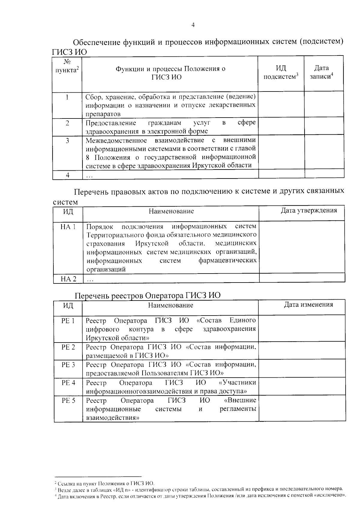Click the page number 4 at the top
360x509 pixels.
[x=193, y=25]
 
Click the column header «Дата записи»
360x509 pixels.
[x=322, y=72]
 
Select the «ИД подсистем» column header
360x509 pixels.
[x=280, y=72]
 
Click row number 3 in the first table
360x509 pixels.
[x=67, y=140]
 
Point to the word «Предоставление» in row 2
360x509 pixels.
[x=111, y=123]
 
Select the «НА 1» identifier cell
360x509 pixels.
[x=68, y=226]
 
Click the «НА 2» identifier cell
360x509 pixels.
[x=68, y=279]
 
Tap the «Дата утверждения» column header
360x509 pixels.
[x=309, y=210]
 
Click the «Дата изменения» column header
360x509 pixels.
[x=308, y=305]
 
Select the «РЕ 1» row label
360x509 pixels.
[x=68, y=321]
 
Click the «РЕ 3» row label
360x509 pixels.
[x=68, y=365]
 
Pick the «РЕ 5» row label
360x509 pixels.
[x=68, y=400]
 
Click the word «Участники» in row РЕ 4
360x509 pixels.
[x=238, y=382]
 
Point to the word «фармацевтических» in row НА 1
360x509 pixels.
[x=227, y=260]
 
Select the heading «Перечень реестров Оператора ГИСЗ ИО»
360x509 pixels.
[x=147, y=295]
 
